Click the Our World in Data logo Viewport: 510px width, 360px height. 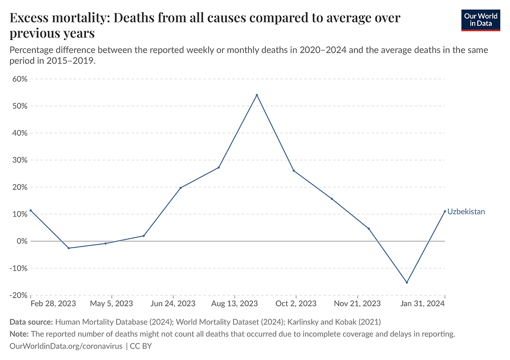480,20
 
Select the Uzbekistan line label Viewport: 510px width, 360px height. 466,212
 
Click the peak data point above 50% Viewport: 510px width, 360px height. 257,95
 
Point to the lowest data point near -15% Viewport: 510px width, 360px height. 406,282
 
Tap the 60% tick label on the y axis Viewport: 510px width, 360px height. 20,79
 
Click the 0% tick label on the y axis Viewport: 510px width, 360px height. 22,241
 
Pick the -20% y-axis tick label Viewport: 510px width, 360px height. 19,295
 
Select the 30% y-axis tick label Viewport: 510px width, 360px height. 20,160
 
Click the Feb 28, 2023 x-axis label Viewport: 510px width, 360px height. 53,304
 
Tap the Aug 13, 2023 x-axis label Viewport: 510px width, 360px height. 235,304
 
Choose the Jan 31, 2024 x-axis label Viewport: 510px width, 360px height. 422,304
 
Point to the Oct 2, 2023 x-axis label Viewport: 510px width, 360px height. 296,304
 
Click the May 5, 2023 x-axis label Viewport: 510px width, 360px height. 111,304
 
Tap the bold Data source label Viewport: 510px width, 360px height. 31,322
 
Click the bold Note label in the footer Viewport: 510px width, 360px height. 19,334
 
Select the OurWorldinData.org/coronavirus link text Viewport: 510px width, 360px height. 66,346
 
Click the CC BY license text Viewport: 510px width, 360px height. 141,346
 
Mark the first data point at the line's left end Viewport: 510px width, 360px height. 31,210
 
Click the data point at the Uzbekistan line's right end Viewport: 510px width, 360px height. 445,211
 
